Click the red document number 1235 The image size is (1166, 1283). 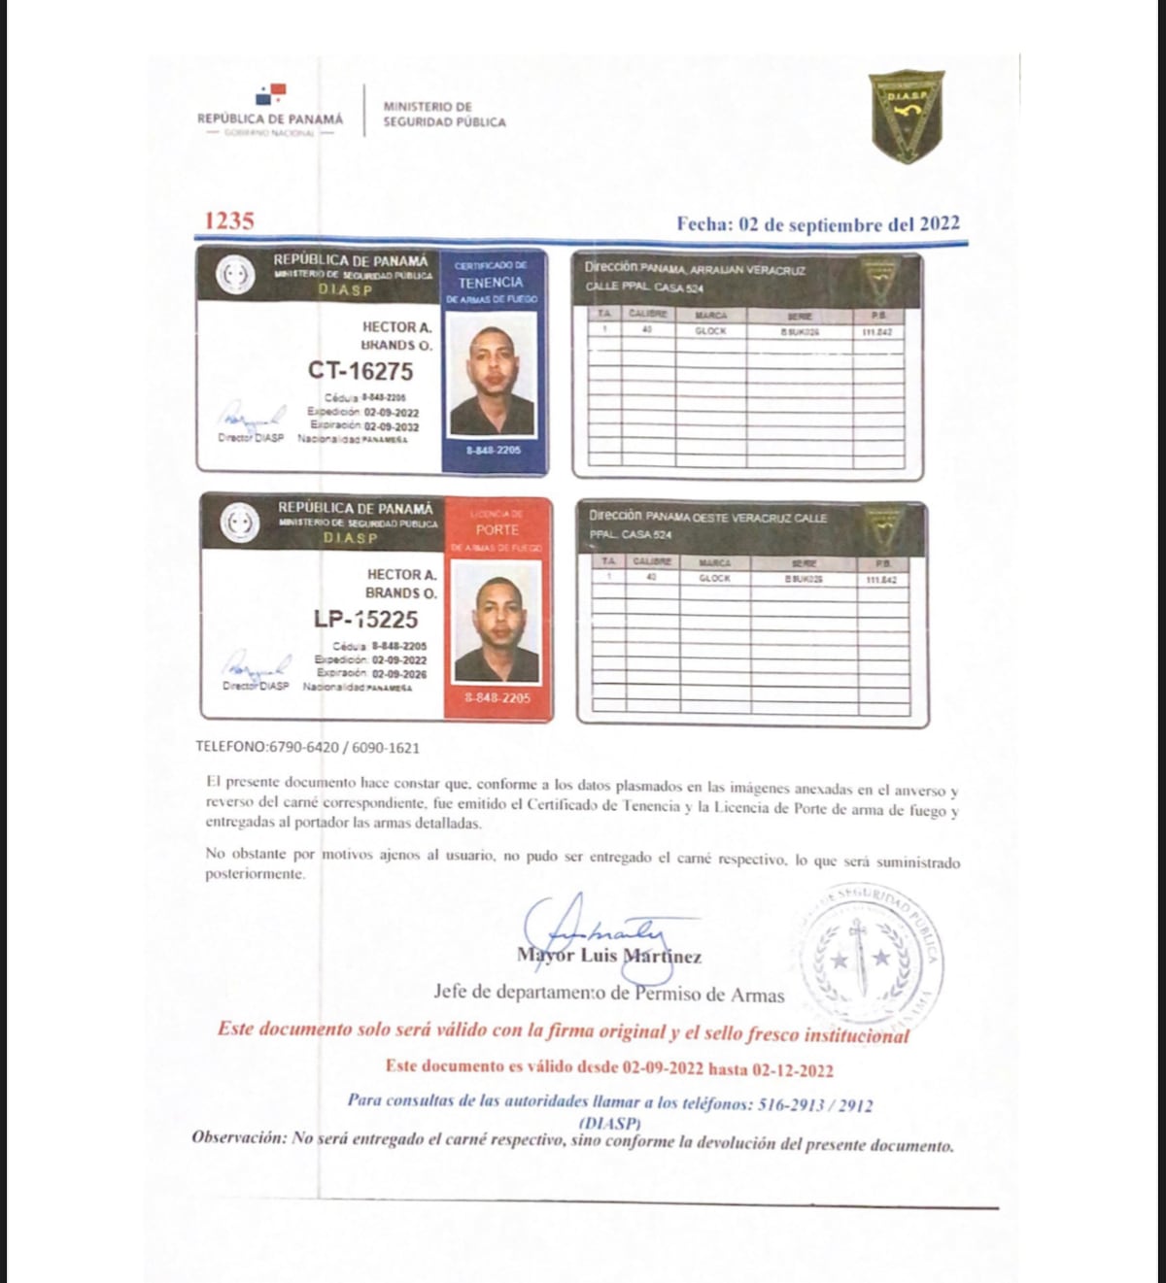pos(229,221)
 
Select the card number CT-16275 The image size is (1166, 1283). pos(360,371)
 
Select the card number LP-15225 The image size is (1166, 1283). pos(365,620)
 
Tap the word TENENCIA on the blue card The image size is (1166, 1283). pos(491,282)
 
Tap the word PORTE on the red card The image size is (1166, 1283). pos(497,530)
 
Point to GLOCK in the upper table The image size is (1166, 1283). pos(710,331)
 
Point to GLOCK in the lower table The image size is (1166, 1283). pos(714,579)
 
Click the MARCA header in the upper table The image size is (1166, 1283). pos(710,316)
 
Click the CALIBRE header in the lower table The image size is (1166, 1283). pos(652,562)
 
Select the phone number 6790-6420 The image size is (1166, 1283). pos(303,748)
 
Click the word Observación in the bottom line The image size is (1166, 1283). pos(239,1137)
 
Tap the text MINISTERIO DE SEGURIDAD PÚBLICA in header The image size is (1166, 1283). pos(444,115)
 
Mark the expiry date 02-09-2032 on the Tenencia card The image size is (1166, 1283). pos(392,426)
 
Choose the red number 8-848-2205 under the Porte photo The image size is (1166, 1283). pos(497,698)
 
